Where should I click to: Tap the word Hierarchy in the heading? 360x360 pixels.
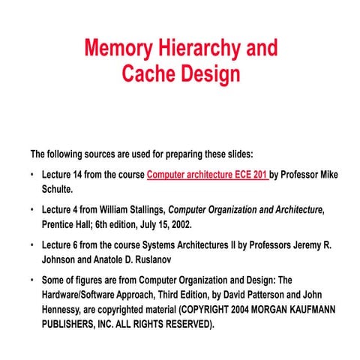click(x=196, y=49)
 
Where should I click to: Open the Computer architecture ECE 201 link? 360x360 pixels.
click(x=207, y=175)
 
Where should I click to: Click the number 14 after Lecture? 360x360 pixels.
click(x=80, y=175)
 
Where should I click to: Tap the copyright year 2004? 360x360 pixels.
click(x=241, y=308)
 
